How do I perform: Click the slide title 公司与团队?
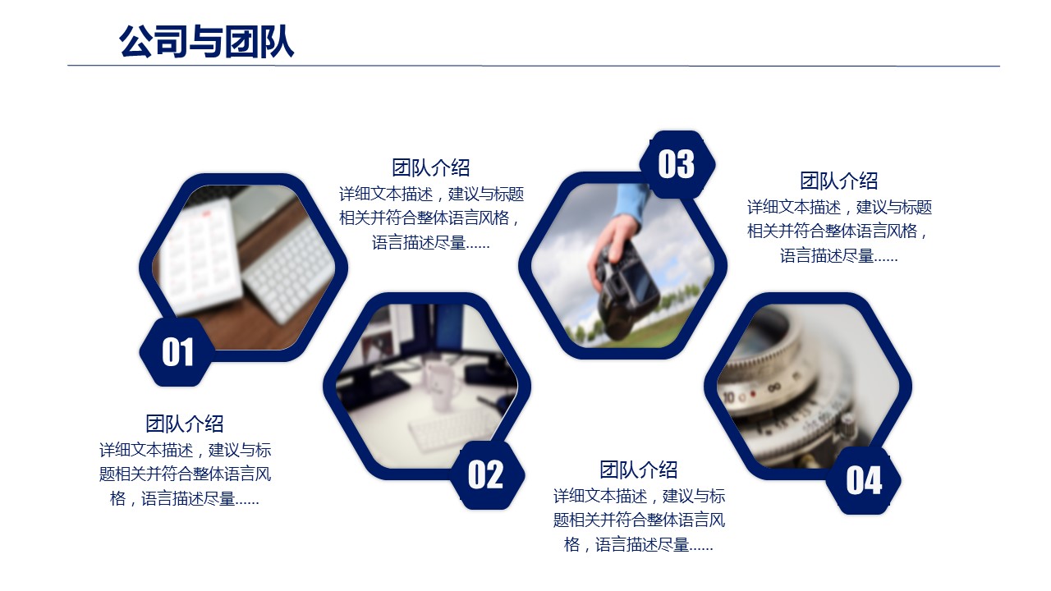[206, 41]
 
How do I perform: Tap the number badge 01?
[177, 352]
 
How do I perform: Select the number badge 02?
[486, 474]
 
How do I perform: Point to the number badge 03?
[677, 164]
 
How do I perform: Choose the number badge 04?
[864, 480]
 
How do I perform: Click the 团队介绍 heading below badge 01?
[185, 424]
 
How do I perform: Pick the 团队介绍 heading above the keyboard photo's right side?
[431, 167]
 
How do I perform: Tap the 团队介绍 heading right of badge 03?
[839, 181]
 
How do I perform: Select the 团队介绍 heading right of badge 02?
[639, 470]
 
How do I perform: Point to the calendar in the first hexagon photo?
[202, 255]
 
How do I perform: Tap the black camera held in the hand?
[629, 291]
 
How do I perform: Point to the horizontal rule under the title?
[534, 66]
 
